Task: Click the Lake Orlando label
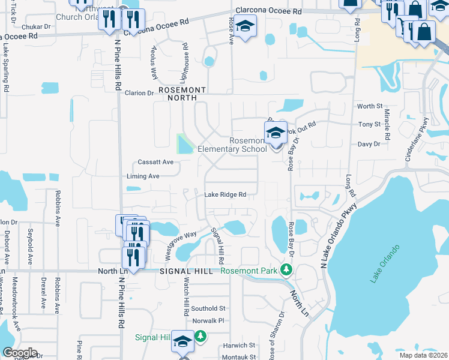point(385,263)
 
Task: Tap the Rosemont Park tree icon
point(286,271)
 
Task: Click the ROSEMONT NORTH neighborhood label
point(182,89)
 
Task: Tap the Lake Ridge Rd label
point(226,194)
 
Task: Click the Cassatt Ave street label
point(155,162)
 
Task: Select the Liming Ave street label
point(143,176)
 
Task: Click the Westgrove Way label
point(181,245)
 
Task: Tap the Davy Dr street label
point(369,144)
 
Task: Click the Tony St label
point(369,124)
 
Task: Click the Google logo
point(20,353)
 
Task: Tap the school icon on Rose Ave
point(245,27)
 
